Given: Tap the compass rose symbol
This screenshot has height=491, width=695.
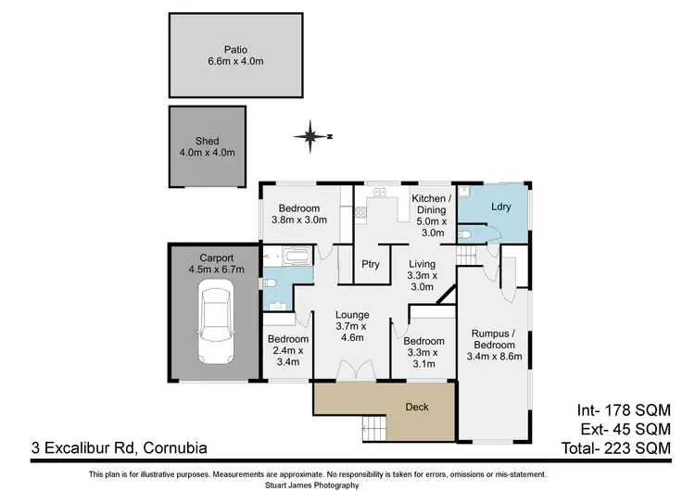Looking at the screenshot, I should tap(310, 137).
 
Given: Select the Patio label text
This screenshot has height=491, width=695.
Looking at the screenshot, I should tap(235, 56).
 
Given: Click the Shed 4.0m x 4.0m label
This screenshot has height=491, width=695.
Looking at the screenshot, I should tap(208, 146).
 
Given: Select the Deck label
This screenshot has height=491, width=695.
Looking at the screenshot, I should tap(417, 407).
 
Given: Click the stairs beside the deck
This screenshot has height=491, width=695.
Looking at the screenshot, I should tap(375, 429).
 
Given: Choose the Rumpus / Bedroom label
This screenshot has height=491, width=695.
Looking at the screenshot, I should tap(495, 345).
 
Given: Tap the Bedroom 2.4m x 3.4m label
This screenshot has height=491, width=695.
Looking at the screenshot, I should tap(286, 350).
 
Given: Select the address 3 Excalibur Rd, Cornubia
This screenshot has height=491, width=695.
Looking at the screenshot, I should tap(105, 448).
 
